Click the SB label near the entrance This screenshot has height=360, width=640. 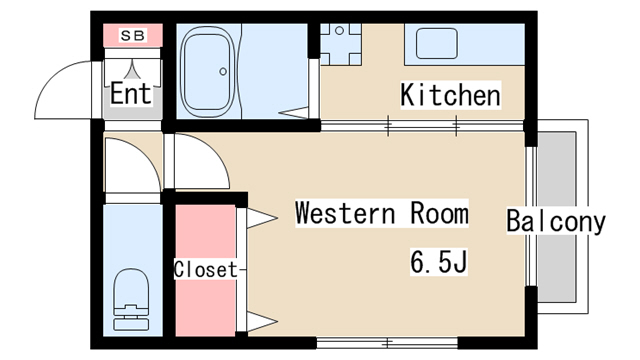(133, 36)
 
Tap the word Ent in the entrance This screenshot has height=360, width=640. (131, 93)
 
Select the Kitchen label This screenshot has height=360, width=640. (450, 95)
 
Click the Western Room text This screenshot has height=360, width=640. (382, 213)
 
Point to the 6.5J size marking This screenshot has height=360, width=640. (438, 261)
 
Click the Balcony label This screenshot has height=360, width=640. (556, 221)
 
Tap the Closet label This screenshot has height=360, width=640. (205, 269)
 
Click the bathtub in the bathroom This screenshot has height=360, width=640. (207, 71)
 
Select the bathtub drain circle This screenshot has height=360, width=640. (223, 71)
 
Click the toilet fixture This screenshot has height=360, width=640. (131, 299)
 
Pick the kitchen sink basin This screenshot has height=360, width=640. (436, 43)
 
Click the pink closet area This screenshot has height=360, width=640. (205, 270)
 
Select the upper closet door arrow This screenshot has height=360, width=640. (262, 218)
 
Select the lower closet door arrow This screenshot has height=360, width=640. (262, 321)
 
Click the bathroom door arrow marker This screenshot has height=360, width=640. (294, 113)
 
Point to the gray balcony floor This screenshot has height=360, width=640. (556, 217)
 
